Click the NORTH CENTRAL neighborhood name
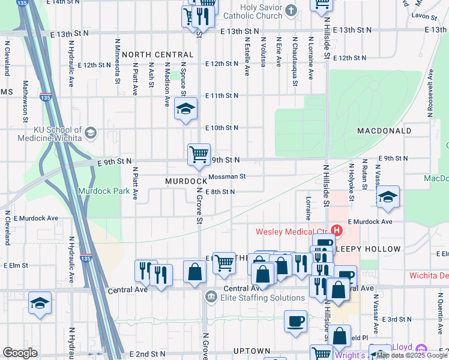(x=157, y=55)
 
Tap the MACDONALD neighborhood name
(x=384, y=130)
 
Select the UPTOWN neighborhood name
(x=252, y=350)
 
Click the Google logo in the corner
(x=20, y=353)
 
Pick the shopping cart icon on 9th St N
(x=199, y=154)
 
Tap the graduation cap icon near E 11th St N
(x=186, y=109)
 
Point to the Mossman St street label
(x=228, y=176)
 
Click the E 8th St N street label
(x=219, y=192)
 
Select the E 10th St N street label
(x=221, y=128)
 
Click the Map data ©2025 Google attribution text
(x=412, y=355)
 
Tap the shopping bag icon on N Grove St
(x=195, y=271)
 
